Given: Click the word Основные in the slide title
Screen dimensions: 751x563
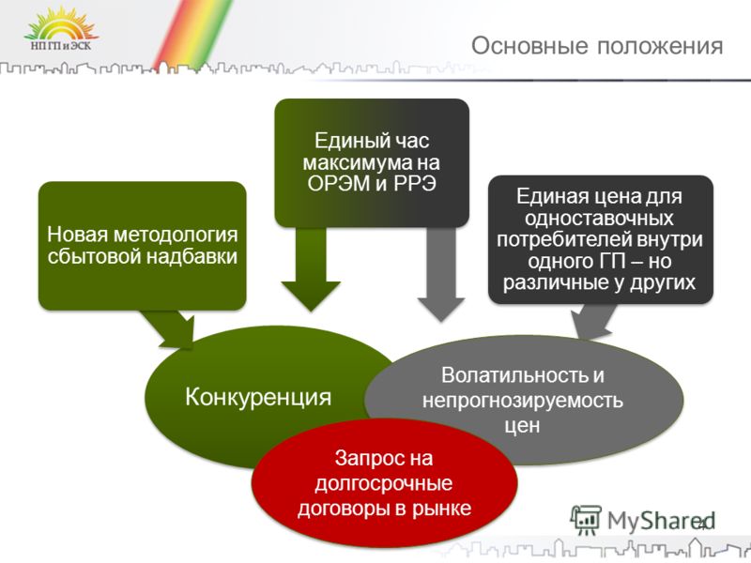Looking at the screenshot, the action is pyautogui.click(x=529, y=46).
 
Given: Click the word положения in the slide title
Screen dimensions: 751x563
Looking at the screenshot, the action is pyautogui.click(x=660, y=47).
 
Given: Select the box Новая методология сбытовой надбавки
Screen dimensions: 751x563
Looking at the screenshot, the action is pyautogui.click(x=143, y=246).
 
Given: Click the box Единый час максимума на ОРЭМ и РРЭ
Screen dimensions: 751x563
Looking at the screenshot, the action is pyautogui.click(x=372, y=162).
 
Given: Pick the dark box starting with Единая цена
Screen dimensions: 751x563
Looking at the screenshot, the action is pyautogui.click(x=601, y=239).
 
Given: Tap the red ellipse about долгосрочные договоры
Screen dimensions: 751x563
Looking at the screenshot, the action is pyautogui.click(x=384, y=483).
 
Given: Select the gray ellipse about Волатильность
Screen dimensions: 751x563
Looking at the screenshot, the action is pyautogui.click(x=524, y=400).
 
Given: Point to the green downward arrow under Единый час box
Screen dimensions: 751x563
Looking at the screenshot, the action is pyautogui.click(x=311, y=269).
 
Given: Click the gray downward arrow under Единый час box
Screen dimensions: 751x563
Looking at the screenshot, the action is pyautogui.click(x=441, y=274).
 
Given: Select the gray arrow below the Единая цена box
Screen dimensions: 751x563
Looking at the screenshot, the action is pyautogui.click(x=592, y=321).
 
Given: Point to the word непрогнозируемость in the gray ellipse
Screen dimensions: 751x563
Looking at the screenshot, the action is pyautogui.click(x=523, y=401).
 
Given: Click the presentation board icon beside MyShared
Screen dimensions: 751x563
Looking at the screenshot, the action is pyautogui.click(x=585, y=520).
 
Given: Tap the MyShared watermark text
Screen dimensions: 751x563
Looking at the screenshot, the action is pyautogui.click(x=661, y=521).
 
